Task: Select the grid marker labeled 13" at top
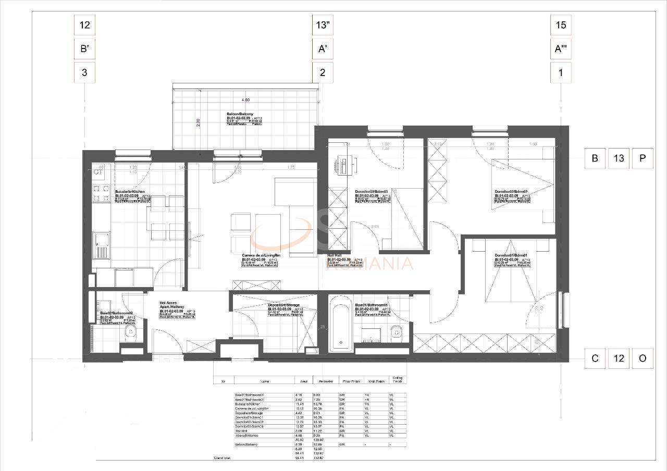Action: [323, 24]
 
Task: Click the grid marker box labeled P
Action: [643, 158]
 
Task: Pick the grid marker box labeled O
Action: [643, 358]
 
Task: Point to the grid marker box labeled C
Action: [595, 358]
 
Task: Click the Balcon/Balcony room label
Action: [240, 114]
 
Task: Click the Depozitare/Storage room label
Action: [284, 305]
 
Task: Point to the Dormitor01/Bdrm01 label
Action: [511, 255]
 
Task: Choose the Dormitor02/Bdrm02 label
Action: [511, 192]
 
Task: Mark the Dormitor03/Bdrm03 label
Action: [372, 192]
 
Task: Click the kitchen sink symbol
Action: [101, 245]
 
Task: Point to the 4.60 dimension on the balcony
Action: [245, 100]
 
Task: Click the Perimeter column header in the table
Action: [326, 381]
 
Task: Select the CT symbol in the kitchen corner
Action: [97, 171]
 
